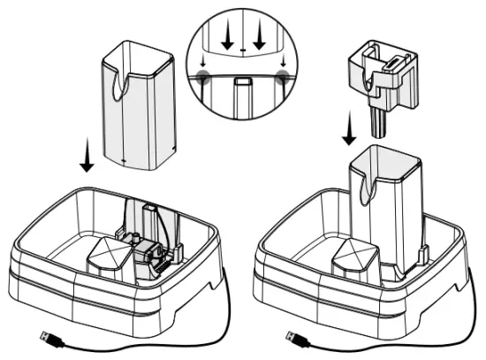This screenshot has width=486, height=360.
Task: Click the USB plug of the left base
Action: point(48,337)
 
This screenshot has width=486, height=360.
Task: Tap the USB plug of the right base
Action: point(292,337)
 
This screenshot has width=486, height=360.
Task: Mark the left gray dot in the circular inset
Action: point(204,78)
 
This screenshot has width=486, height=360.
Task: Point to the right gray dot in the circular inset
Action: point(282,78)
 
